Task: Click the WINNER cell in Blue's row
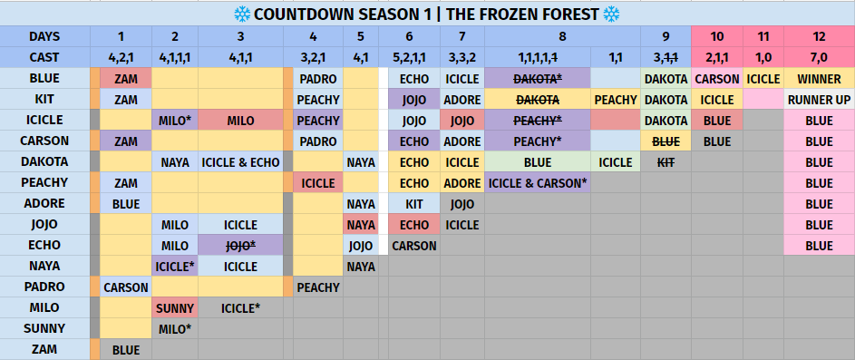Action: [819, 79]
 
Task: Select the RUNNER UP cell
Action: [819, 100]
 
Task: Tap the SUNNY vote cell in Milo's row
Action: [174, 308]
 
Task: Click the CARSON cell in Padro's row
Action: [126, 287]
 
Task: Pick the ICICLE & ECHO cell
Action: [240, 162]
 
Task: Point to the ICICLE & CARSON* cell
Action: [537, 183]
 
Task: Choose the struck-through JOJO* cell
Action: [240, 246]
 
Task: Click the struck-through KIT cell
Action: [666, 162]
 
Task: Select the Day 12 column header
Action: [819, 36]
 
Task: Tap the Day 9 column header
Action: [666, 36]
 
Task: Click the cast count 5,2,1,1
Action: [410, 57]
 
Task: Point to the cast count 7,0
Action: [819, 57]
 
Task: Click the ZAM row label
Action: [44, 350]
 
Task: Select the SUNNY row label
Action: [44, 329]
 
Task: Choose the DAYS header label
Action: [44, 36]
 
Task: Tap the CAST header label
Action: [44, 57]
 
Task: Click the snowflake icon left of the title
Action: [242, 15]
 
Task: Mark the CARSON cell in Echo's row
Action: [413, 246]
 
